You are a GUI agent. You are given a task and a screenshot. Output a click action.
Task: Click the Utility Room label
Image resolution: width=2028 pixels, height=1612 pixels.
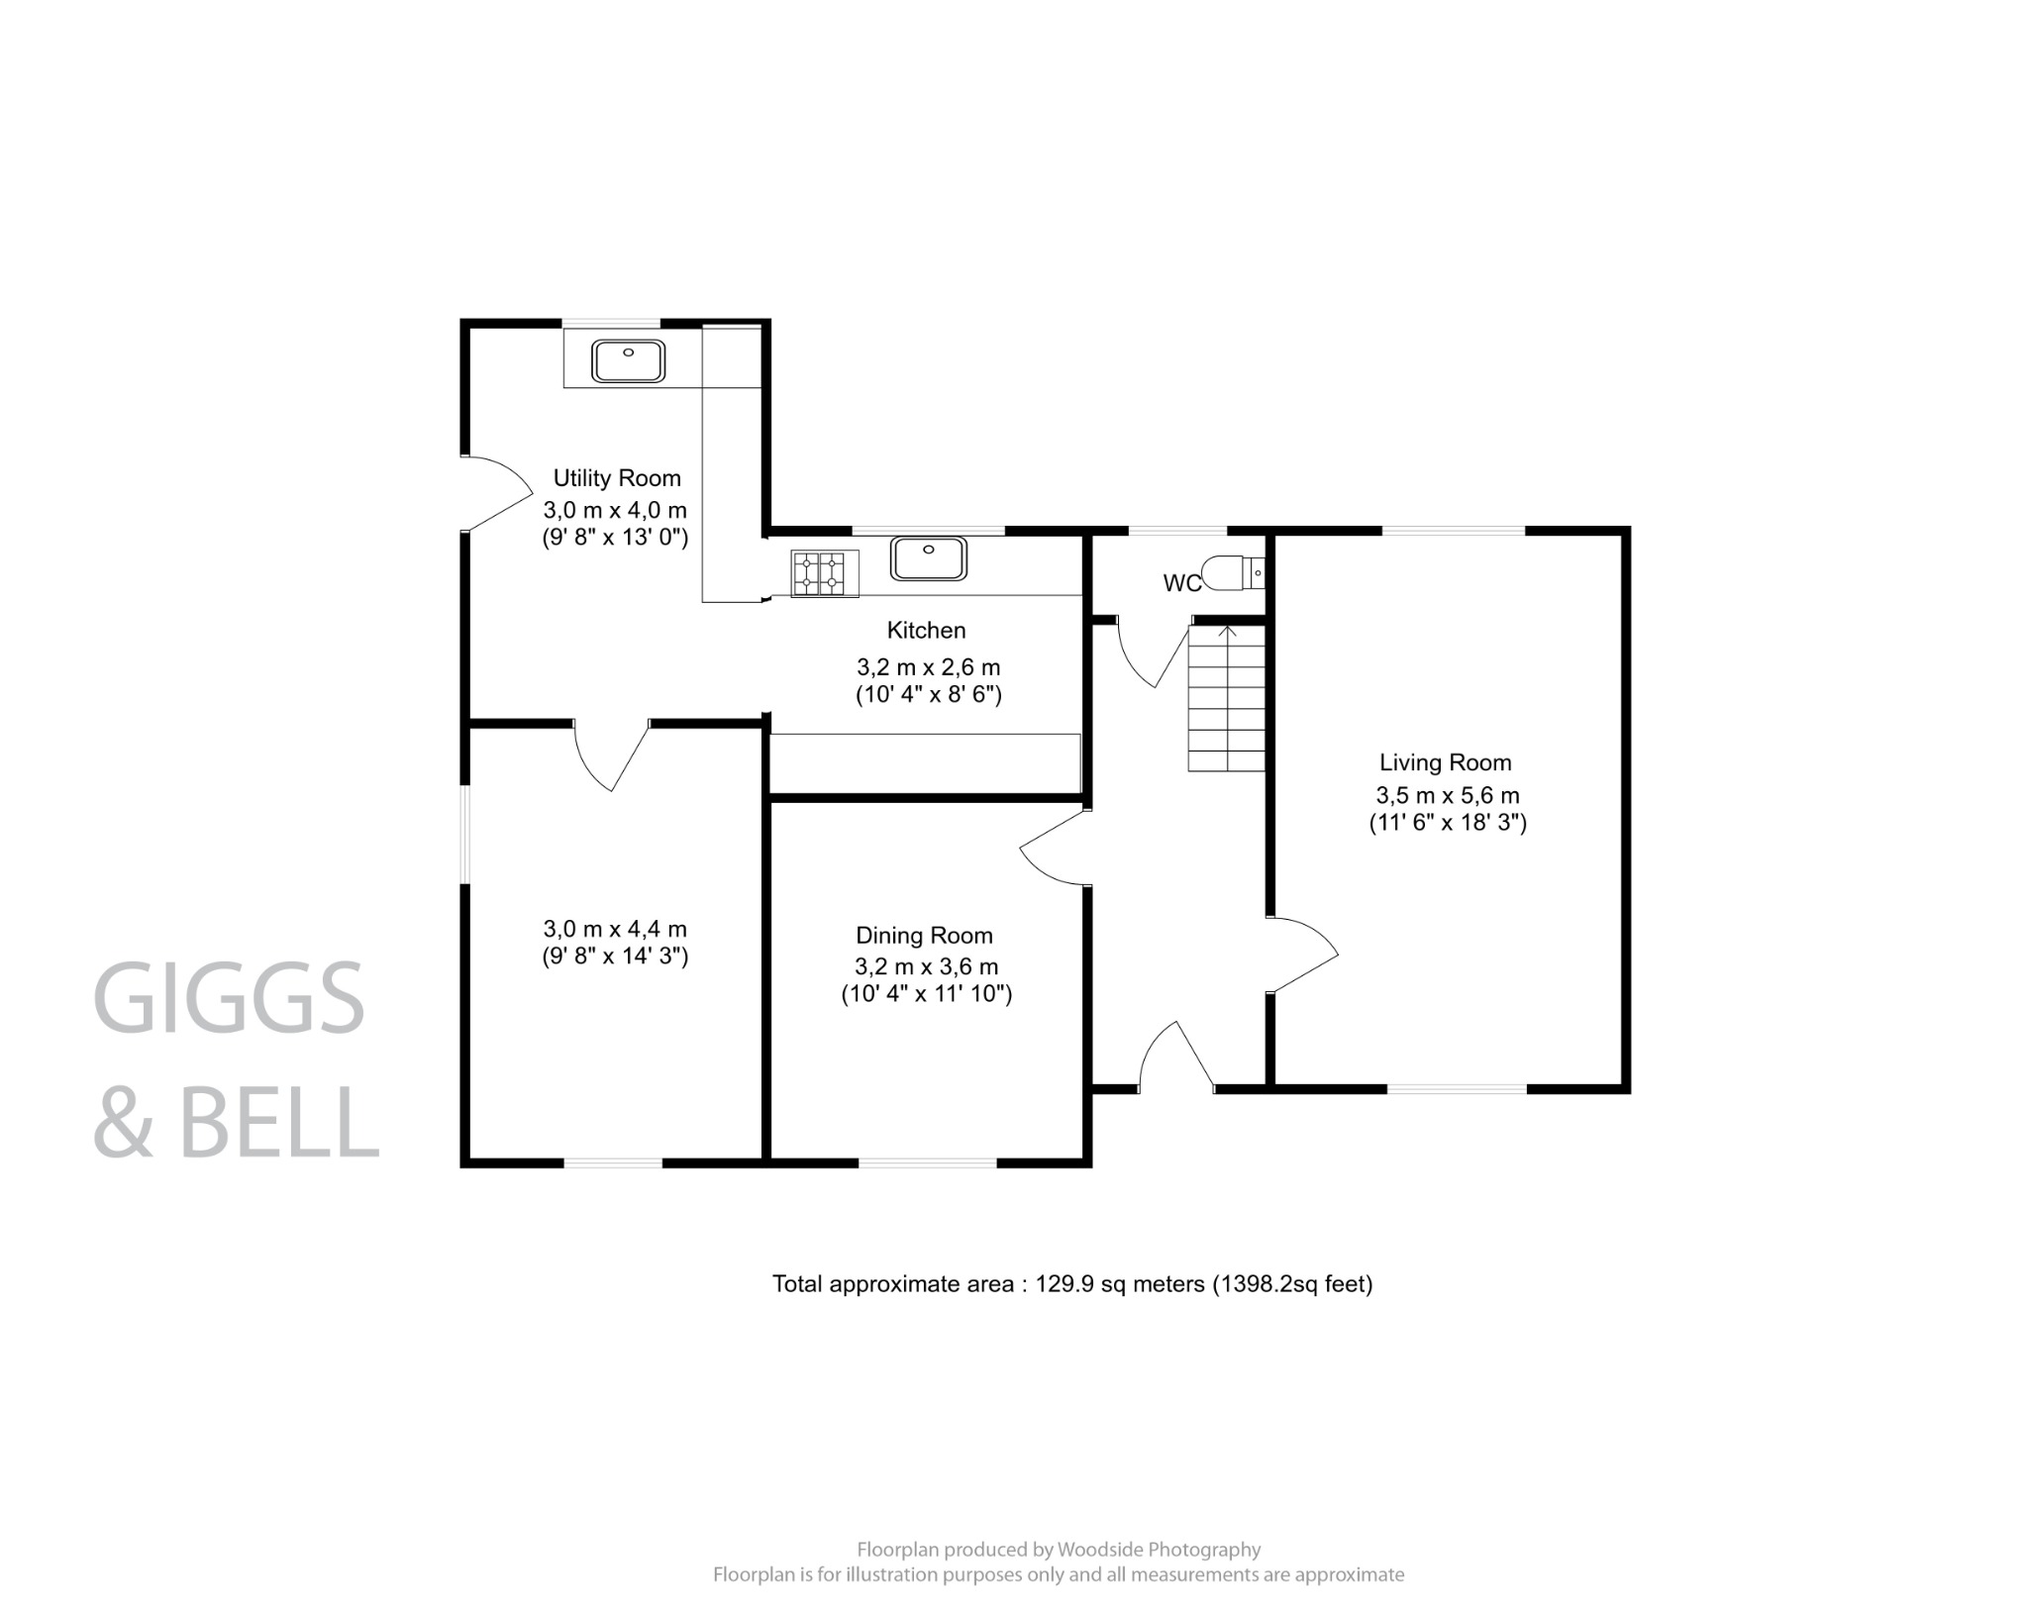(616, 478)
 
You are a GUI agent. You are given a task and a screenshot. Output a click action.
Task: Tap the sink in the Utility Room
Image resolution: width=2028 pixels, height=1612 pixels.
(628, 360)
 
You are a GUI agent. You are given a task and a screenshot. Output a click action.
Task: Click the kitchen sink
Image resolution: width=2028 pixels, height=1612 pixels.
(928, 557)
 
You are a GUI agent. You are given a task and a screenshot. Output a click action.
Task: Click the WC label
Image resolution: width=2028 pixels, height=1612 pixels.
(1181, 583)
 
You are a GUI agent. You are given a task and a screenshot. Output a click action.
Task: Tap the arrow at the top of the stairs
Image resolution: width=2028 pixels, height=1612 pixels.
(1228, 631)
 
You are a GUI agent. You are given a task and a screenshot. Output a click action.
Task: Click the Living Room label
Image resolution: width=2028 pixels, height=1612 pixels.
(1445, 762)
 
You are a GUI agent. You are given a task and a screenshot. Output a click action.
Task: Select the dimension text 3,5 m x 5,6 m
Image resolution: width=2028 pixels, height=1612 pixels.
(1447, 795)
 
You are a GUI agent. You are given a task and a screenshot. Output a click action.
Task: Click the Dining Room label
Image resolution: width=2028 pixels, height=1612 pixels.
(924, 936)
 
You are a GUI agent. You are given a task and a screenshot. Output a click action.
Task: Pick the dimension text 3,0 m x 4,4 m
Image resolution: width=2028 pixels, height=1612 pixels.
(615, 929)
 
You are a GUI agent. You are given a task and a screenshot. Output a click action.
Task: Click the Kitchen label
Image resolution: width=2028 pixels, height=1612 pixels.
(926, 630)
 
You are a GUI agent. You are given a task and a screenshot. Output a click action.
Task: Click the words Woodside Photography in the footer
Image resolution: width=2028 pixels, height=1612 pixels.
(1159, 1549)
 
